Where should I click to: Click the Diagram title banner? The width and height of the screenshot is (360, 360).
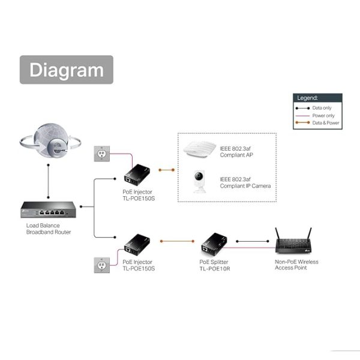pyautogui.click(x=67, y=70)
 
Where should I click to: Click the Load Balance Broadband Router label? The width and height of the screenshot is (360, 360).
pyautogui.click(x=48, y=229)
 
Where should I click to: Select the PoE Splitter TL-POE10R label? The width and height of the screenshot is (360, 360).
pyautogui.click(x=215, y=265)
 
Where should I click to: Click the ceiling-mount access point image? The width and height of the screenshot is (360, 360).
pyautogui.click(x=200, y=149)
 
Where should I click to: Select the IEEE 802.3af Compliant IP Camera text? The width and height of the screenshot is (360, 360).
pyautogui.click(x=245, y=182)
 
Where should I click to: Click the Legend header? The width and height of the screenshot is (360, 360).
pyautogui.click(x=317, y=98)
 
